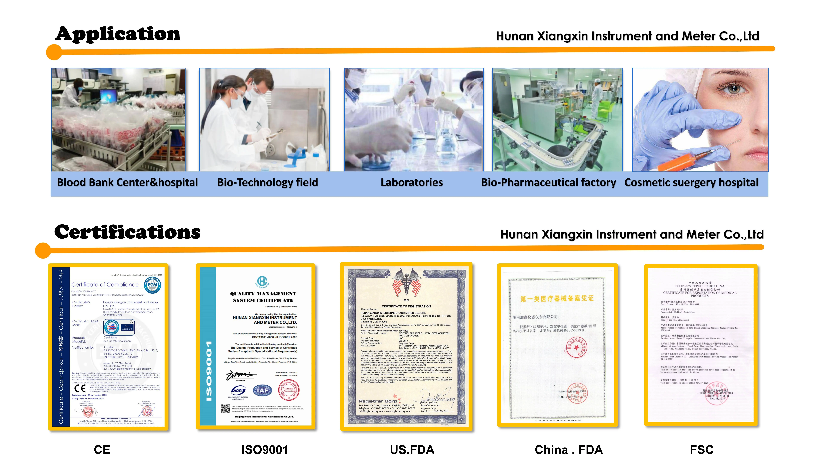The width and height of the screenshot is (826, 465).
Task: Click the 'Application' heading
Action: (118, 34)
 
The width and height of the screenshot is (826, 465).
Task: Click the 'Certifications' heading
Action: (127, 232)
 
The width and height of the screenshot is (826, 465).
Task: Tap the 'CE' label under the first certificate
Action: (102, 450)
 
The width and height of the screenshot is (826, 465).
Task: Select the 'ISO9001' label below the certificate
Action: (265, 450)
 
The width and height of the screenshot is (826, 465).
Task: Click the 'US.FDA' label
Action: (412, 450)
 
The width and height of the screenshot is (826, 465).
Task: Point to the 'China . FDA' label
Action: (569, 450)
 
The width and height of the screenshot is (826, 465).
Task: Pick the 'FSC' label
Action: (702, 450)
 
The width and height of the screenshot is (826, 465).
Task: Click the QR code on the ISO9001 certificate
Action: (225, 408)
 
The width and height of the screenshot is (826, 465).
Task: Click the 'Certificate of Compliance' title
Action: (105, 285)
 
